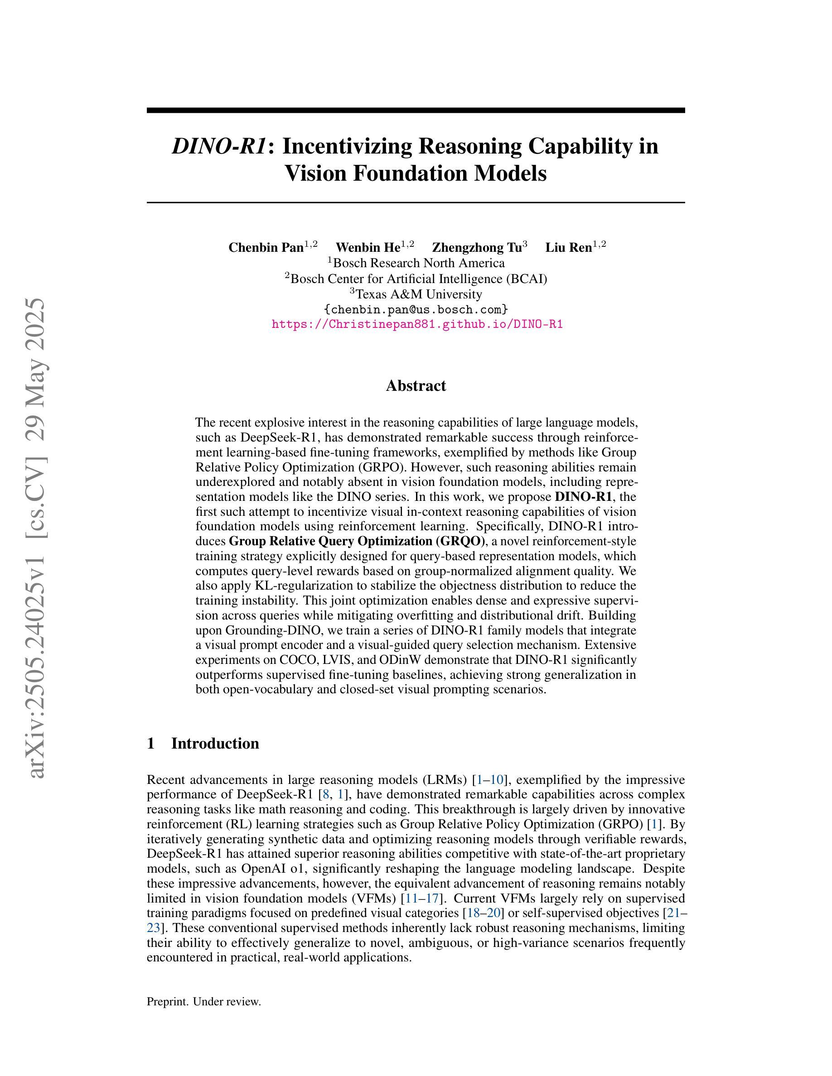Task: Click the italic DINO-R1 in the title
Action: click(x=219, y=146)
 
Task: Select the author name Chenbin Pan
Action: click(x=266, y=247)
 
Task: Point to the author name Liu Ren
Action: click(x=568, y=247)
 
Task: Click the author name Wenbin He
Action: click(x=368, y=247)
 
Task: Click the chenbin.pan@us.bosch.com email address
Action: click(x=416, y=309)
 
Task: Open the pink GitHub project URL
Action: click(x=417, y=324)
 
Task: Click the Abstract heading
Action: click(x=416, y=385)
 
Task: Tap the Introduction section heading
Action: click(x=215, y=744)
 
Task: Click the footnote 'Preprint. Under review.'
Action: click(x=203, y=1002)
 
